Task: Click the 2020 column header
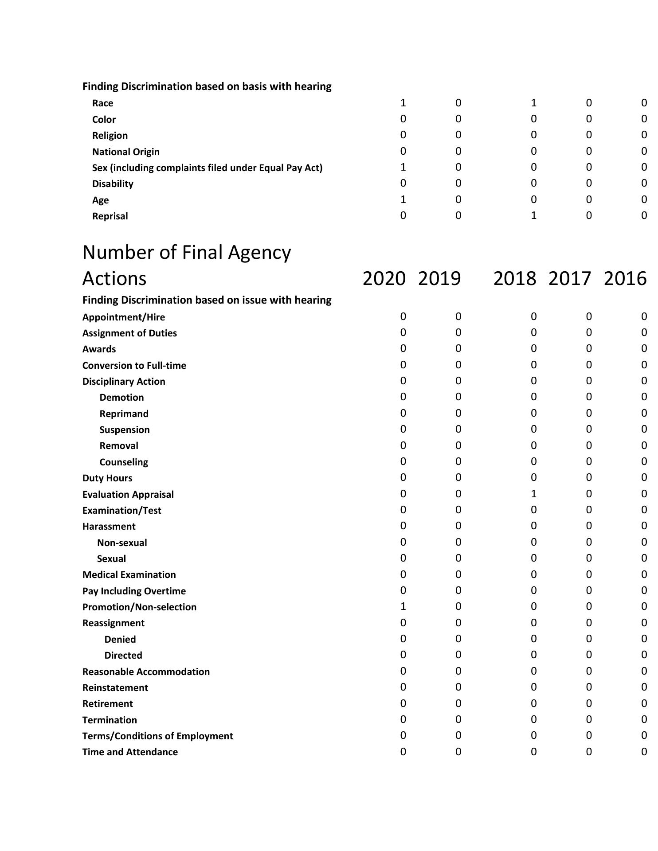(x=384, y=279)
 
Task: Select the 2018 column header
(x=514, y=279)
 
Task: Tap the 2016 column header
(x=625, y=279)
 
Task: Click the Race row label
(x=102, y=103)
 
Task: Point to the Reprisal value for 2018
(x=533, y=215)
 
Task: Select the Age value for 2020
(x=403, y=199)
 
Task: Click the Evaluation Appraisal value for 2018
(x=533, y=494)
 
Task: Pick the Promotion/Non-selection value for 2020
(x=403, y=606)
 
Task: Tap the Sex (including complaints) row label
(x=207, y=168)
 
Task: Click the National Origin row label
(x=125, y=152)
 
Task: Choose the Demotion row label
(x=121, y=398)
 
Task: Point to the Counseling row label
(x=124, y=462)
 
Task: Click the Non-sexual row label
(x=122, y=543)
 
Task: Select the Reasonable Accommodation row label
(x=146, y=672)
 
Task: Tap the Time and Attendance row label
(x=130, y=752)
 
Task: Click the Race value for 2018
(x=533, y=103)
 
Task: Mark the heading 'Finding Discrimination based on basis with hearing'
(x=207, y=86)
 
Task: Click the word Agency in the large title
(x=259, y=253)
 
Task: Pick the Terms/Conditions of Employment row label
(x=157, y=736)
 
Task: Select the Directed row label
(x=123, y=656)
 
